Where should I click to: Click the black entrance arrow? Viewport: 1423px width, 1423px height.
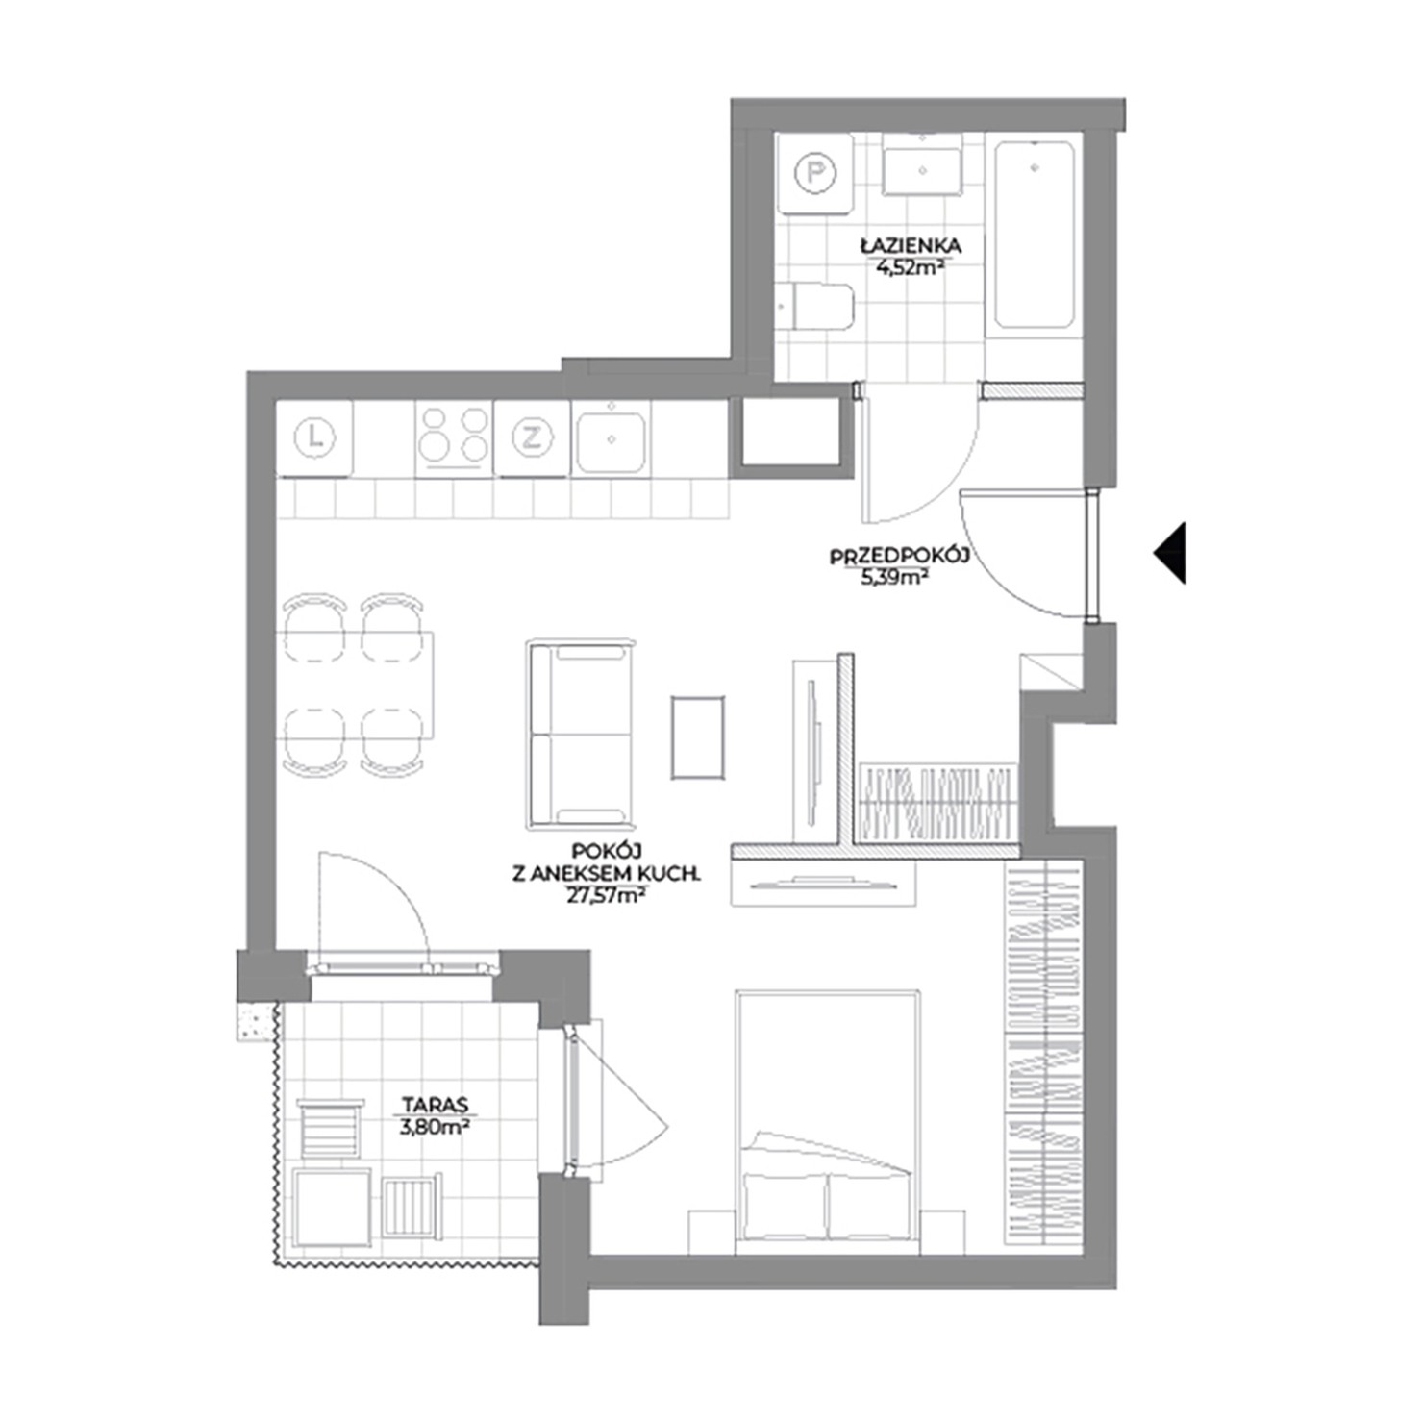(1172, 553)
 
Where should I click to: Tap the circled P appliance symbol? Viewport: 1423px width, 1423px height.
(815, 174)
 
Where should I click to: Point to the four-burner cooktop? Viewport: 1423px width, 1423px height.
(455, 437)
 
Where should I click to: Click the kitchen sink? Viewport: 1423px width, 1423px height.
(612, 438)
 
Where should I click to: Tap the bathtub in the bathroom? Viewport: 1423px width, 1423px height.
(1035, 236)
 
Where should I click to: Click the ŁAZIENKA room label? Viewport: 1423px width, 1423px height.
(911, 247)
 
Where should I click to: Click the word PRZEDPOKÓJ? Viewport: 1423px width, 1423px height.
(897, 556)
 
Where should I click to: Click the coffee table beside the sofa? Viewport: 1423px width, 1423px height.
(698, 736)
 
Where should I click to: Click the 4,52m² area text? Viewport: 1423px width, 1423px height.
(908, 268)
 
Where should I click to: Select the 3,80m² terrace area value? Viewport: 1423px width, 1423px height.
(434, 1127)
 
